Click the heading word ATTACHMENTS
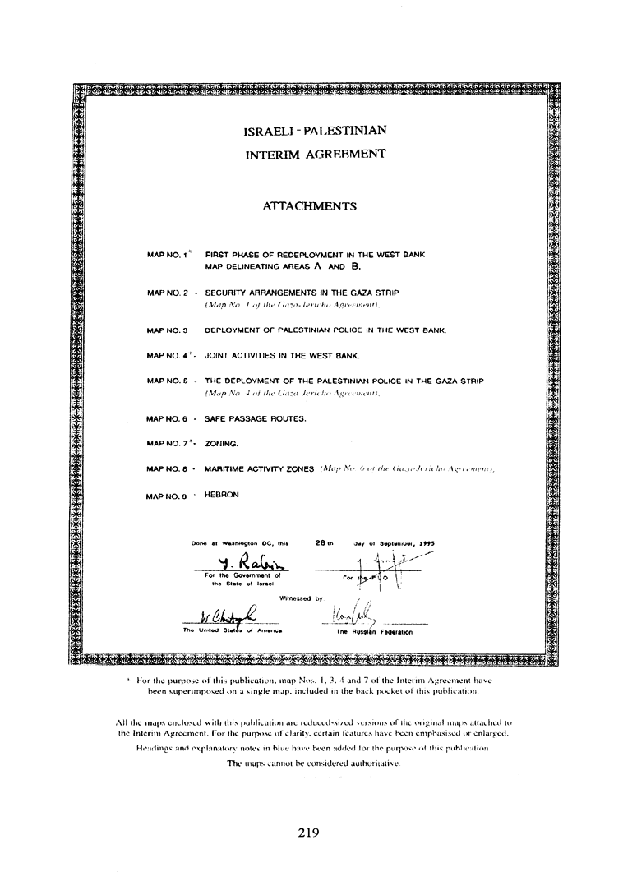coord(309,206)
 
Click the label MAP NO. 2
coord(168,292)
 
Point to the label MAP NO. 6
coord(168,418)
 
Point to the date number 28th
coord(325,542)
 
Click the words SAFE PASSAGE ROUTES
coord(255,418)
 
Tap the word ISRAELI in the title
coord(270,131)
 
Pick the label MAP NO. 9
coord(168,496)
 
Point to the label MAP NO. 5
coord(168,381)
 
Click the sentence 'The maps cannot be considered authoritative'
coord(313,764)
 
